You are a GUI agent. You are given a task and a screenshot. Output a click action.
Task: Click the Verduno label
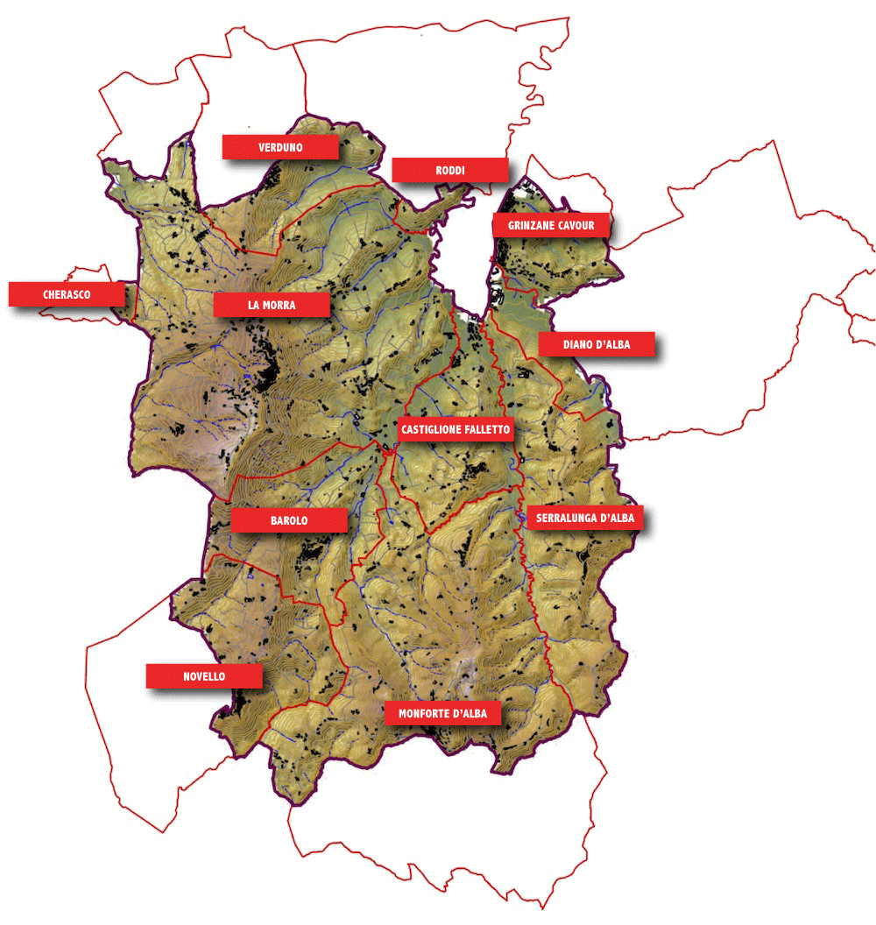[x=280, y=147]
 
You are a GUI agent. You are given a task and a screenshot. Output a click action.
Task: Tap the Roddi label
[x=449, y=170]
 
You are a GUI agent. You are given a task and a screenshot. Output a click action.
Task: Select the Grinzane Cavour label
[x=551, y=226]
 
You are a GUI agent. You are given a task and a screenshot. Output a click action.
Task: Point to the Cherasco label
[x=67, y=294]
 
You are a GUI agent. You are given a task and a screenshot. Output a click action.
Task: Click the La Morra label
[x=272, y=305]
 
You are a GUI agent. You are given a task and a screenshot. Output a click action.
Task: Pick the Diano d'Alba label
[x=597, y=344]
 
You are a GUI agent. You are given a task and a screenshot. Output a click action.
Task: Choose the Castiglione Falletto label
[x=455, y=430]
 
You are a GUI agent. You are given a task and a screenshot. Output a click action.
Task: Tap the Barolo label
[x=289, y=520]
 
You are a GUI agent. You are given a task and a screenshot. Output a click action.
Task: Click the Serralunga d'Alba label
[x=584, y=519]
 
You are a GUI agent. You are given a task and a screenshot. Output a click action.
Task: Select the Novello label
[x=204, y=676]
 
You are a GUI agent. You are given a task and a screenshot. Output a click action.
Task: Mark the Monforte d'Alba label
[x=442, y=713]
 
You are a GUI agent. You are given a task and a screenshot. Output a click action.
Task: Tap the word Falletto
[x=485, y=430]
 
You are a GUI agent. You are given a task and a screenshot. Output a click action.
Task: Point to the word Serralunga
[x=566, y=519]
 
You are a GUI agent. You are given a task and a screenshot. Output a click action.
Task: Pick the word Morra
[x=280, y=305]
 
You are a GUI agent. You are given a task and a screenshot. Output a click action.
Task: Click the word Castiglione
[x=431, y=430]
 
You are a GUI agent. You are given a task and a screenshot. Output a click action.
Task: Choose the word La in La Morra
[x=254, y=305]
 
